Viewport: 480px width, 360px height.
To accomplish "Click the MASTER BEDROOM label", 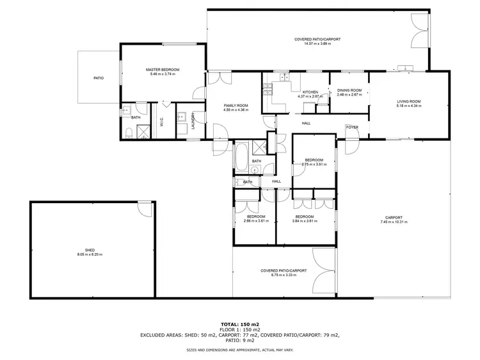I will coord(162,69).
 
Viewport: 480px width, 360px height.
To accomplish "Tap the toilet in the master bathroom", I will coord(129,132).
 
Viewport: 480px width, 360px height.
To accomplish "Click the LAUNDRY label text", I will coord(193,122).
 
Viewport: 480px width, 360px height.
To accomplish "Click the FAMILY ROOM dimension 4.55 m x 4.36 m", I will coord(236,110).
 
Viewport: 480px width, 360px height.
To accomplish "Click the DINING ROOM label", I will coord(349,90).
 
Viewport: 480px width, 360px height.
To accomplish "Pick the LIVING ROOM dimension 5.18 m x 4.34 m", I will coord(408,106).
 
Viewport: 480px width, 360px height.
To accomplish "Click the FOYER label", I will coord(352,127).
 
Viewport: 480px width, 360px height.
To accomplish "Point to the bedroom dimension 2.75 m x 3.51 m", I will coord(314,165).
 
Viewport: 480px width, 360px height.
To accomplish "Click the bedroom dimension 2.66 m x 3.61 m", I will coord(255,221).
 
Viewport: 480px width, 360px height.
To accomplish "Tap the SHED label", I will coord(90,250).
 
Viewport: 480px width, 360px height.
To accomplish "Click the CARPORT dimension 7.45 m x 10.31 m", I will coord(393,221).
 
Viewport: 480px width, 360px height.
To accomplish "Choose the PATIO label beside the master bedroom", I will coord(99,78).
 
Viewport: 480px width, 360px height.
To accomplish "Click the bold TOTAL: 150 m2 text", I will coord(240,324).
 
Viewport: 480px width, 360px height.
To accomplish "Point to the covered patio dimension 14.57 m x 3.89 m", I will coord(317,44).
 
